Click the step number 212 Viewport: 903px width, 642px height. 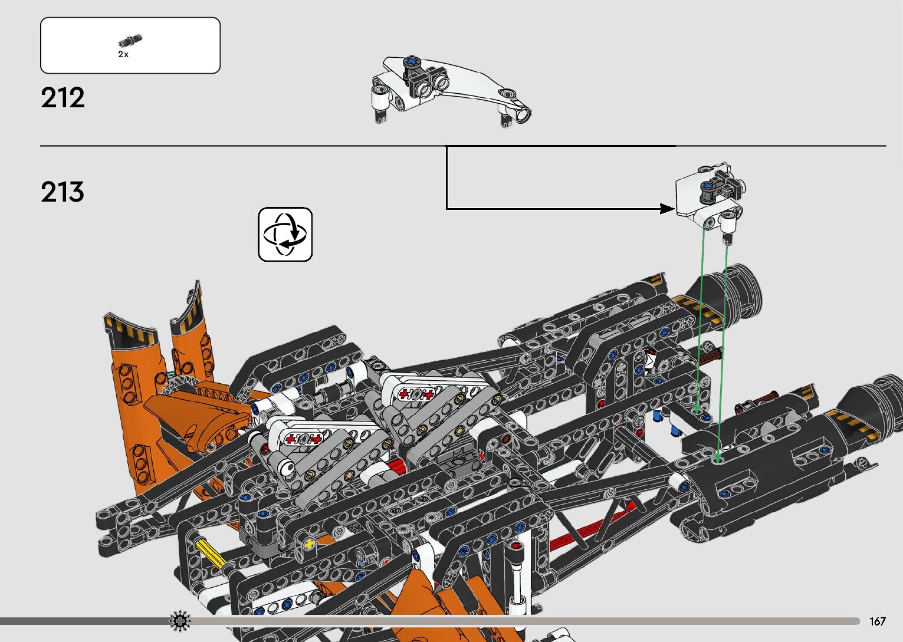click(63, 98)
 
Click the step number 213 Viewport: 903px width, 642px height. click(63, 192)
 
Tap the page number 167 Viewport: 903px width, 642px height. click(877, 621)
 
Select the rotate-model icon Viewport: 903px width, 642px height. click(285, 234)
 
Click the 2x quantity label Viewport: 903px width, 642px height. click(123, 54)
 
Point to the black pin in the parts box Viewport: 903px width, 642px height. click(130, 41)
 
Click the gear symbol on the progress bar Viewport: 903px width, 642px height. click(180, 621)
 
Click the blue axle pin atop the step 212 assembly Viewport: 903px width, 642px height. click(411, 62)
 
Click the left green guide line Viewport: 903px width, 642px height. click(700, 318)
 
